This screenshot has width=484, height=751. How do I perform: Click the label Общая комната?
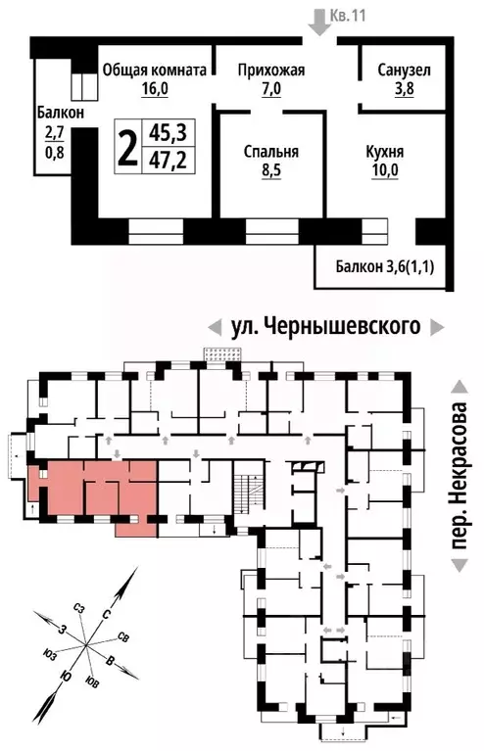coord(156,70)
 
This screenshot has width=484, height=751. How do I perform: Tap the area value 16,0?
coord(156,88)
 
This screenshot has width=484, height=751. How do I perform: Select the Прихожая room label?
coord(272,70)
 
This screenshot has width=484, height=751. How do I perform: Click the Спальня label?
coord(270,153)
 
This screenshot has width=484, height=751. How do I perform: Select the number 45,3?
coord(164,132)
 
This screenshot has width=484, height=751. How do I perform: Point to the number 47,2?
coord(164,158)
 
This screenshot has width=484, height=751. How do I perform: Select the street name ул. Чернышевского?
coord(324,326)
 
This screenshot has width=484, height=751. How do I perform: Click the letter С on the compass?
coord(106,612)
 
